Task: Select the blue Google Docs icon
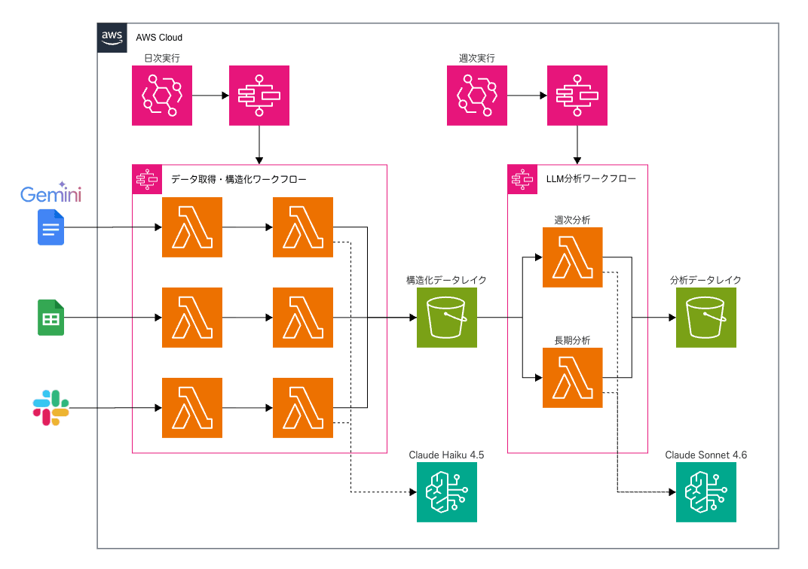click(x=51, y=227)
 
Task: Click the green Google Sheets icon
click(x=51, y=318)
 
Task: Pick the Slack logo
click(x=51, y=408)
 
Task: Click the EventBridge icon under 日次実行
click(x=162, y=95)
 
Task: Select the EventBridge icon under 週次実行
click(x=477, y=95)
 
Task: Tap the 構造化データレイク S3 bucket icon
click(x=447, y=318)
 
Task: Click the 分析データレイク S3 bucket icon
click(x=705, y=318)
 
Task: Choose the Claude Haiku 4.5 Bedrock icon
click(x=447, y=492)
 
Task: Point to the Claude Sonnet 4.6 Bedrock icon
click(x=705, y=492)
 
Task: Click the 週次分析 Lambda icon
click(x=572, y=257)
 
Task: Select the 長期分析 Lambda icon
click(x=572, y=378)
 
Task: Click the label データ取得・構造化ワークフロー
click(x=239, y=179)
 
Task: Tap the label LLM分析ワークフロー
click(x=590, y=179)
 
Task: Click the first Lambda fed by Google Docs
click(x=192, y=227)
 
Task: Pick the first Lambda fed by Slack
click(x=192, y=408)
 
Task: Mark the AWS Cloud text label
click(x=159, y=37)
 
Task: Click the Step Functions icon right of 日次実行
click(x=259, y=95)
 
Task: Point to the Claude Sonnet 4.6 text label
click(x=705, y=455)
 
